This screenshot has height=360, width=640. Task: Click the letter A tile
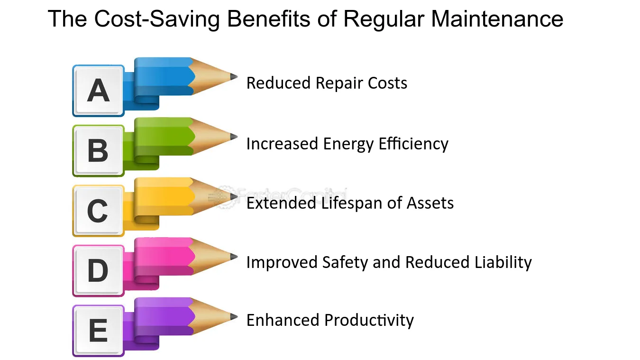[98, 90]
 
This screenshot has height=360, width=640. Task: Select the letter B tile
[98, 150]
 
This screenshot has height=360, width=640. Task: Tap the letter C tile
[98, 211]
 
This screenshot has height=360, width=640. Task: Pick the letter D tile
[98, 270]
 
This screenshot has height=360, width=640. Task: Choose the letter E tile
[98, 331]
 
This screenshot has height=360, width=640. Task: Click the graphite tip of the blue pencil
[233, 76]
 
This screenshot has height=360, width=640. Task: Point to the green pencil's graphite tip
[233, 137]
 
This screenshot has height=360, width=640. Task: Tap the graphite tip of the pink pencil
[233, 257]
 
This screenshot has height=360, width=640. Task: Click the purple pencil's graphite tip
[233, 316]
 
